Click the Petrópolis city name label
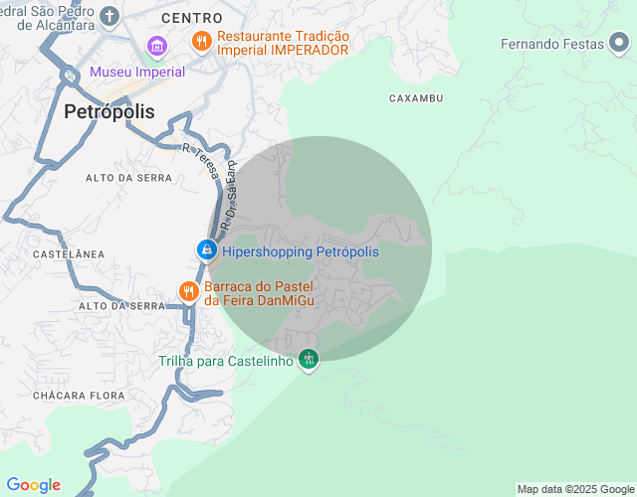[x=109, y=111]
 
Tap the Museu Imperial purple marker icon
[x=156, y=46]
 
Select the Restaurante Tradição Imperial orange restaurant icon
[x=202, y=41]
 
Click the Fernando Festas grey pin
[x=619, y=43]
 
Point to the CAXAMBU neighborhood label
[x=415, y=98]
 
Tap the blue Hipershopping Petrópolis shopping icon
[x=206, y=250]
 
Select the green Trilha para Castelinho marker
[x=309, y=360]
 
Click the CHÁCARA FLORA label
[x=79, y=396]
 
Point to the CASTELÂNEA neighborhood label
[x=69, y=254]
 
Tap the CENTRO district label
[x=191, y=19]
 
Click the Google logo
[x=33, y=485]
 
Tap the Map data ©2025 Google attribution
[x=575, y=489]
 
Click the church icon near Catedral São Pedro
[x=108, y=17]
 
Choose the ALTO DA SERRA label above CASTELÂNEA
[x=128, y=178]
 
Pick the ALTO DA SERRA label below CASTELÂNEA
[x=120, y=306]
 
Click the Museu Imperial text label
[x=137, y=72]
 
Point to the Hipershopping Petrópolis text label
[x=300, y=251]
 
